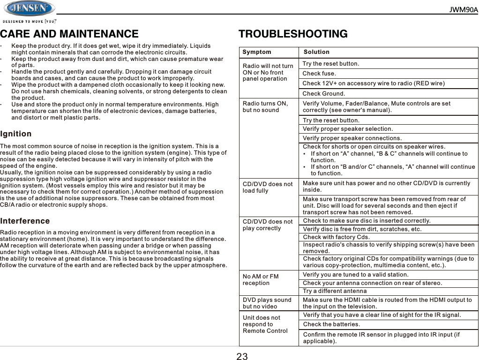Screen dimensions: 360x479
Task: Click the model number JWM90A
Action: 464,10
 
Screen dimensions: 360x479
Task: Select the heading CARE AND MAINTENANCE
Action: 69,34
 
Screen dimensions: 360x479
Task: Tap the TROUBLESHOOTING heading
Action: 293,34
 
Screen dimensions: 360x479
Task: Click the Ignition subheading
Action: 16,134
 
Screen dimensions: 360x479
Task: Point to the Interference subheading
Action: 25,221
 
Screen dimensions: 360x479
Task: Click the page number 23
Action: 242,356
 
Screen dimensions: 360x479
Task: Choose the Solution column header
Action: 316,52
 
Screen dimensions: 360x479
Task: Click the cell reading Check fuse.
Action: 319,74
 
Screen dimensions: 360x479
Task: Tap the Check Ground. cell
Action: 324,94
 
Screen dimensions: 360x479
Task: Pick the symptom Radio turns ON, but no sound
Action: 265,107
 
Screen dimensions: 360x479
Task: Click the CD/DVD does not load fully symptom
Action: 268,187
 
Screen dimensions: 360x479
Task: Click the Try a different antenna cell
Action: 335,292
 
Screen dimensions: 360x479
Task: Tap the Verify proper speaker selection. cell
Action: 348,129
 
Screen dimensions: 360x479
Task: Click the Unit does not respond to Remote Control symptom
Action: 265,324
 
